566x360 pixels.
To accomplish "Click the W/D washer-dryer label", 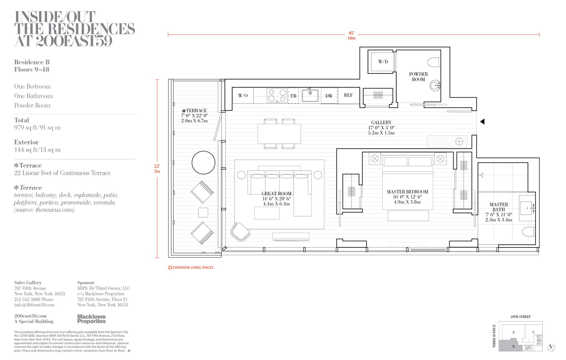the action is [383, 62].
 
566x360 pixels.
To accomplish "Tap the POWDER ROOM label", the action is [418, 77].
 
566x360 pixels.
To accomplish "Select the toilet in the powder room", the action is [434, 62].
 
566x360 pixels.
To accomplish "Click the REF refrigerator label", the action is [348, 95].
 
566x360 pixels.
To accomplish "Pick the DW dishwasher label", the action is [329, 96].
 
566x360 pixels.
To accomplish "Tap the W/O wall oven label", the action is [243, 96].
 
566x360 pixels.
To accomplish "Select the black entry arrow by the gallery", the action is [482, 121].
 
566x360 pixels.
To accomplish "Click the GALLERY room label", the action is [381, 122].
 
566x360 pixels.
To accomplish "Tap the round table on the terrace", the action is [203, 162].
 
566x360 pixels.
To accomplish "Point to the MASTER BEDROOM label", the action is [407, 192].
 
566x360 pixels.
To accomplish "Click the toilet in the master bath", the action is [528, 232].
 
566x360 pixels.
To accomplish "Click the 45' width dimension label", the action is [351, 33].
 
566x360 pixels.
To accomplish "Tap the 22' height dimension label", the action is [157, 166].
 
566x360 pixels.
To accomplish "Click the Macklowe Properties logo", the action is [91, 319].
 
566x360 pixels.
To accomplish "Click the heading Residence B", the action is [32, 62].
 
